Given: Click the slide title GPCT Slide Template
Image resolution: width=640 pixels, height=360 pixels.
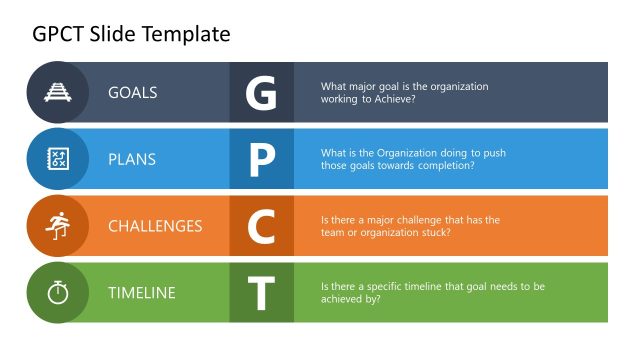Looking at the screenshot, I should [131, 34].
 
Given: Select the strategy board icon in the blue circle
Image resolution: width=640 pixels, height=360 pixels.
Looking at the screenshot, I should [58, 159].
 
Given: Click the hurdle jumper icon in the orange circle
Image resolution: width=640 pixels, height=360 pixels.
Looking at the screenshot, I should [58, 226].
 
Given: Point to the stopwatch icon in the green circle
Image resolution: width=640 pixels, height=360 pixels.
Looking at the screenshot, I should [58, 293].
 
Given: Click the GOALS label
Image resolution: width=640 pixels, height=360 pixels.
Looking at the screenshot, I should [133, 93].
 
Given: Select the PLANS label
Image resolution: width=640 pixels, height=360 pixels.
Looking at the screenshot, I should [132, 159].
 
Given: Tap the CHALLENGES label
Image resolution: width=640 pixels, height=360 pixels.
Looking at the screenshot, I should [155, 226].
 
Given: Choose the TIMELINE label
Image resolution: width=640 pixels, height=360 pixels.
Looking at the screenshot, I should [142, 293].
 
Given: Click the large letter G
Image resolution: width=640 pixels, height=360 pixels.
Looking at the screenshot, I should [261, 93].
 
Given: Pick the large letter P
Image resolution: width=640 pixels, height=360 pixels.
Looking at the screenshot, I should [261, 160].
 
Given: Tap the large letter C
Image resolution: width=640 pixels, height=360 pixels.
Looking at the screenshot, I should [261, 227].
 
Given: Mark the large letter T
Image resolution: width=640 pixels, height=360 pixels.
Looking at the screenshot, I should [261, 293].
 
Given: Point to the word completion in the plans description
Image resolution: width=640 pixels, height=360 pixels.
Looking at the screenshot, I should [445, 166].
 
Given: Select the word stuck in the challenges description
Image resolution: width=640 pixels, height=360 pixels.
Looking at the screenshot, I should [436, 233].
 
